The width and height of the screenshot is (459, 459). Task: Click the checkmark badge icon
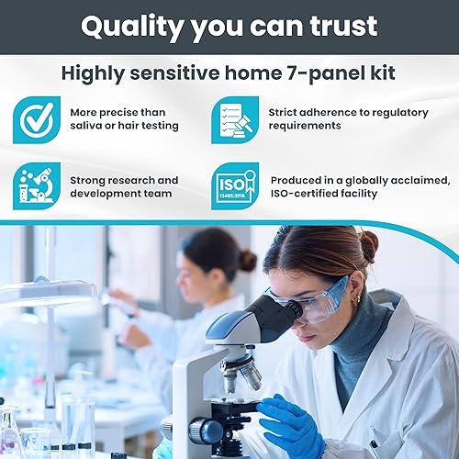coord(36,120)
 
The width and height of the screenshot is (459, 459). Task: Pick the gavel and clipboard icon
coord(235,120)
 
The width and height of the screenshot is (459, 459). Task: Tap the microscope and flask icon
coord(36,185)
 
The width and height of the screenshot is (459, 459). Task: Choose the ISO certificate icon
coord(235,185)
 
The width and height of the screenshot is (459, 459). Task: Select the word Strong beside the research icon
coord(91,180)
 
